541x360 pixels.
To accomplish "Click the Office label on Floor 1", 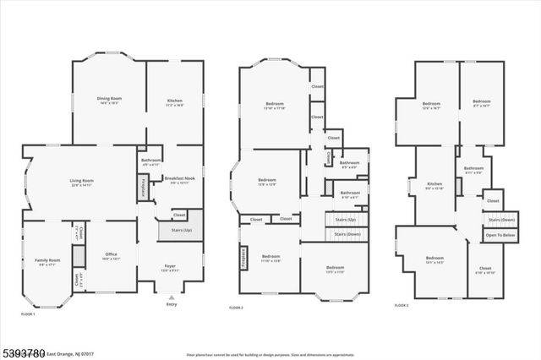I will point(111,256).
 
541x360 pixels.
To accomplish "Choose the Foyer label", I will point(170,266).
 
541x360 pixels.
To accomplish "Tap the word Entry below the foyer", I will point(172,304).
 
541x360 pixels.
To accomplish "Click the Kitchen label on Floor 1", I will point(174,99).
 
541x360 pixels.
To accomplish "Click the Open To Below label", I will point(500,235).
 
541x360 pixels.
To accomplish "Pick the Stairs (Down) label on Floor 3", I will point(500,220).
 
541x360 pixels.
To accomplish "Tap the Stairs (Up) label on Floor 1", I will point(181,230).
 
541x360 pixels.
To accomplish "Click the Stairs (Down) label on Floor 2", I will point(347,233).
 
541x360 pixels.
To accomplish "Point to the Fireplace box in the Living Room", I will point(143,187).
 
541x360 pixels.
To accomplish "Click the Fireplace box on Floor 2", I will point(244,256).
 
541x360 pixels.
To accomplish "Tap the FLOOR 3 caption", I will point(402,306).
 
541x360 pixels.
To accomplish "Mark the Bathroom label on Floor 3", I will point(473,168).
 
